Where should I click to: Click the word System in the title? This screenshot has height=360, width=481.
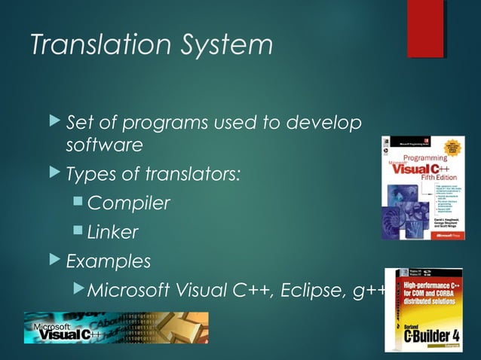point(223,45)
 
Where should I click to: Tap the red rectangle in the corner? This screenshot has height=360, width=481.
point(425,29)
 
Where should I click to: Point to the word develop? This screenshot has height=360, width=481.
point(318,123)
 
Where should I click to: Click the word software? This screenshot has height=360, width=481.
point(104,144)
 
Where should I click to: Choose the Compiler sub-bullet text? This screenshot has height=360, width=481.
point(128,203)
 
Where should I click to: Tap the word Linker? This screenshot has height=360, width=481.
point(113,233)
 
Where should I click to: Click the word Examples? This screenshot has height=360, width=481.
point(108,262)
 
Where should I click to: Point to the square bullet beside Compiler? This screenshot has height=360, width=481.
point(79,203)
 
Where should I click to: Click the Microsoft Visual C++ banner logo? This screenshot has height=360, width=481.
point(116,328)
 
